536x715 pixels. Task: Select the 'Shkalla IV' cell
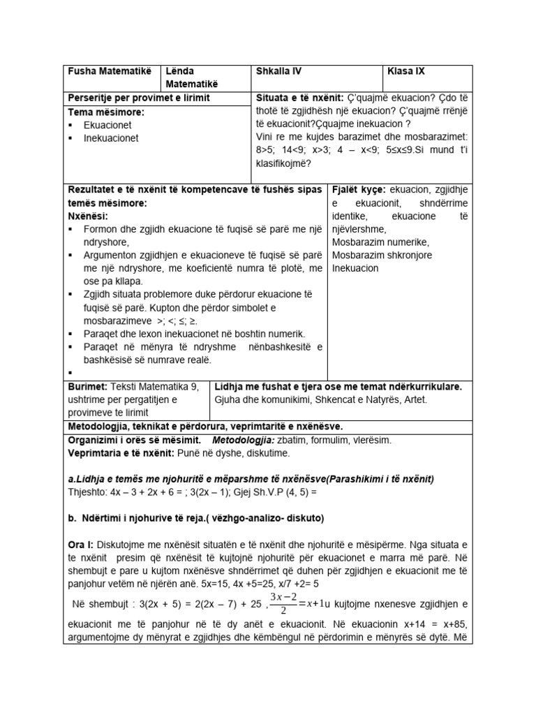click(x=279, y=71)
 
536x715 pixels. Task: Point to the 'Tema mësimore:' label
click(x=105, y=112)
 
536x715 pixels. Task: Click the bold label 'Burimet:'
click(x=87, y=386)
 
